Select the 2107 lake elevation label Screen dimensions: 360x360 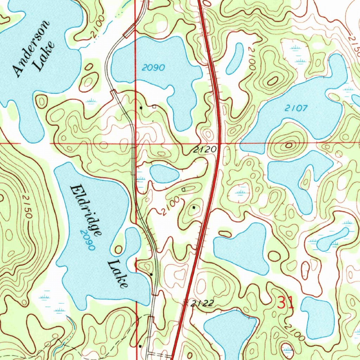[296, 109]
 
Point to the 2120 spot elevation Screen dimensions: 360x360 [205, 150]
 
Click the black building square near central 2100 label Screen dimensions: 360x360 [194, 207]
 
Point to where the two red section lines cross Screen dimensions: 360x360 [136, 144]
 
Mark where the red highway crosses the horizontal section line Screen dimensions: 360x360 [220, 144]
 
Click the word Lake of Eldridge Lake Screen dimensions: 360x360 [117, 274]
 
